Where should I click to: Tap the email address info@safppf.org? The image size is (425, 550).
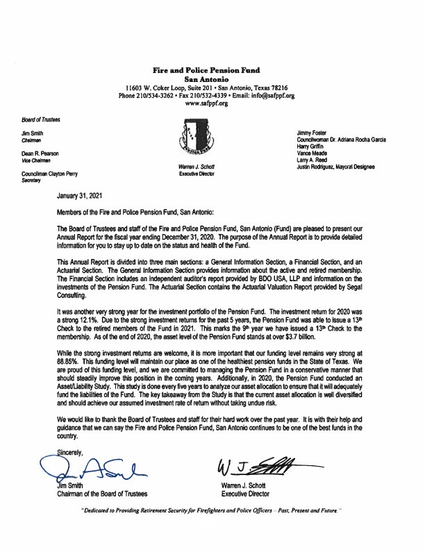click(x=271, y=95)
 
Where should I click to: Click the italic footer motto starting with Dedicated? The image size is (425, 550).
click(x=211, y=528)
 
